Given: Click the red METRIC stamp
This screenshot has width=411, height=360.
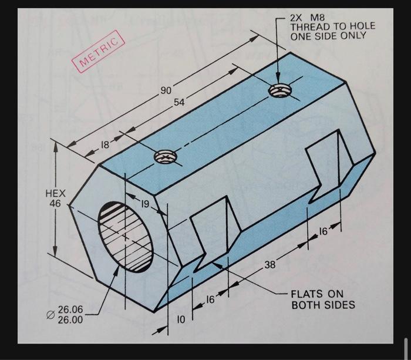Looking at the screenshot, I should click(99, 51).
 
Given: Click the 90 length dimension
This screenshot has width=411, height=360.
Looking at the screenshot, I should click(166, 90).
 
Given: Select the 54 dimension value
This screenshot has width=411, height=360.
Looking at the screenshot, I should click(179, 102).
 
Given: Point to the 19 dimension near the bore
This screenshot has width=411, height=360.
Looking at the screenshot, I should click(144, 204).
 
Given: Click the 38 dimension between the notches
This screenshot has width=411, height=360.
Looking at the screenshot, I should click(269, 265).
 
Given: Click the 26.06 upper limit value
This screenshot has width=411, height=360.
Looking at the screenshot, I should click(71, 309).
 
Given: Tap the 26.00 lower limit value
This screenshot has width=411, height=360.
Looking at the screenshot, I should click(71, 320).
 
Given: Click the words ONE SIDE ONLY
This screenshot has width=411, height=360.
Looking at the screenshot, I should click(328, 36).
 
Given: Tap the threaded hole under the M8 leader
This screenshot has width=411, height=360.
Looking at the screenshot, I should click(279, 90).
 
